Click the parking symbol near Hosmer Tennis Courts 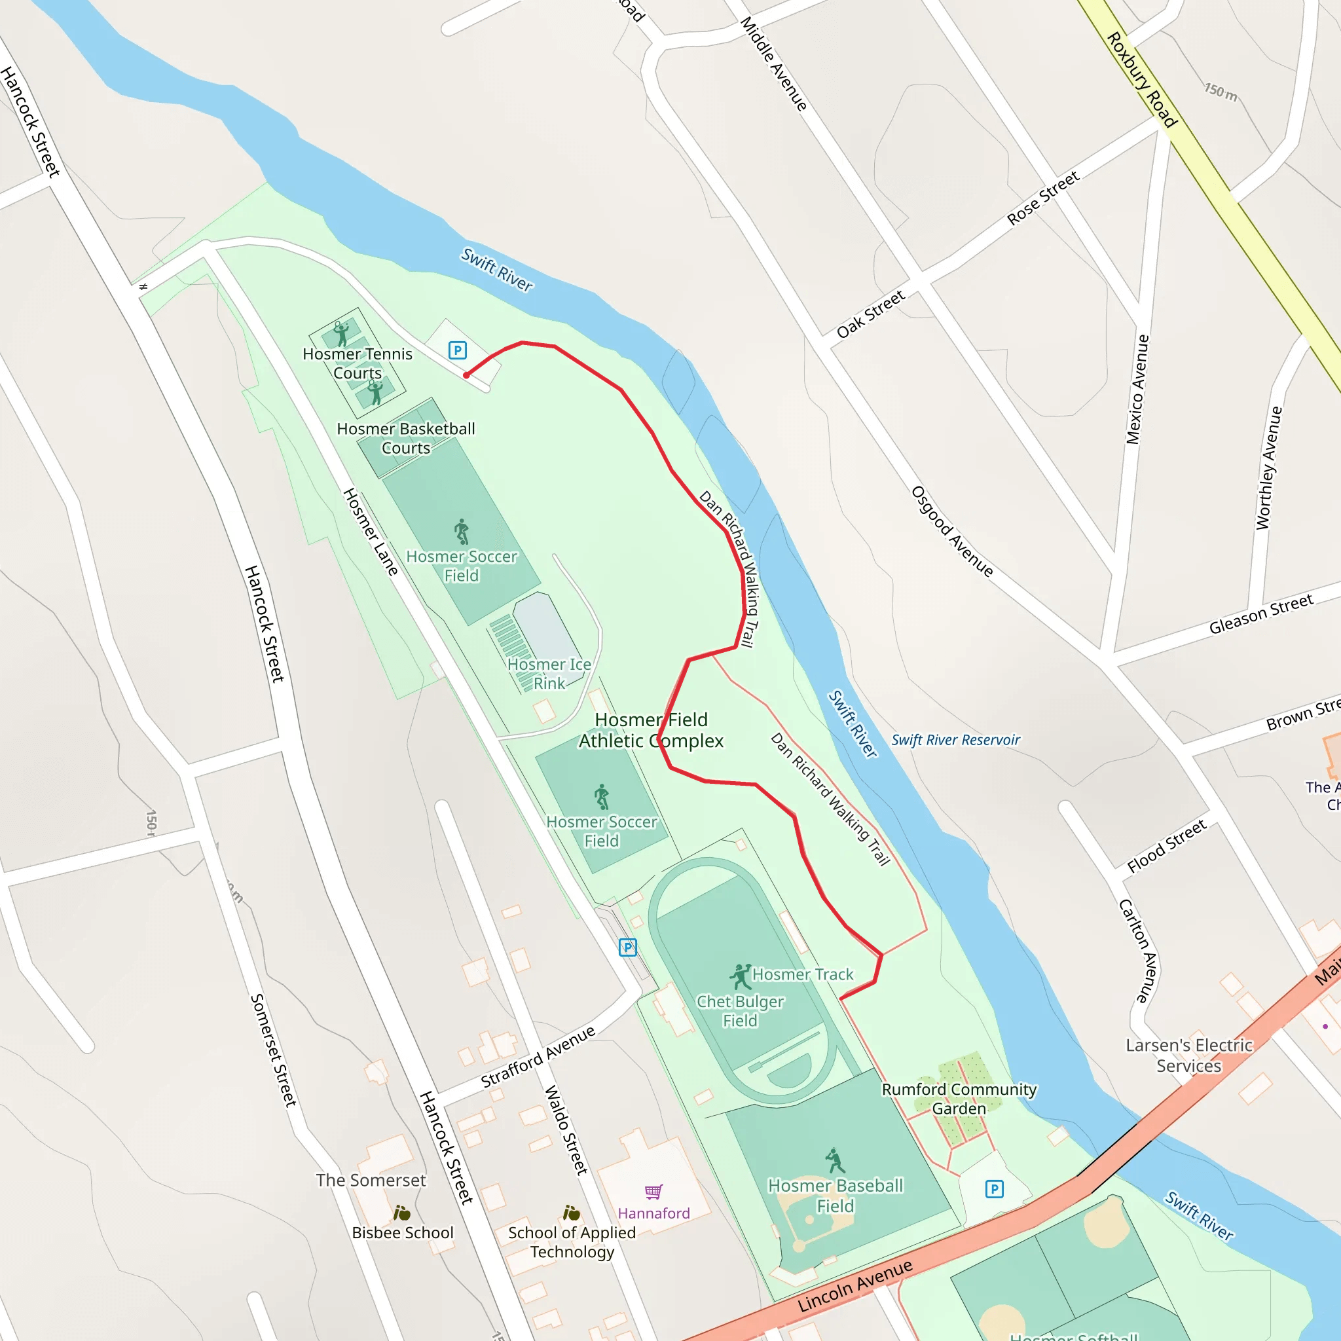click(457, 350)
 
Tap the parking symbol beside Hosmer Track click(627, 947)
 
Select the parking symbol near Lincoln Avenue click(994, 1189)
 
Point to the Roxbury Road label click(1141, 80)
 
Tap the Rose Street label click(1042, 198)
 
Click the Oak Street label click(870, 314)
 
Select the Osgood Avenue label click(951, 531)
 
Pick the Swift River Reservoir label click(955, 740)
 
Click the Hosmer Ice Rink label click(549, 673)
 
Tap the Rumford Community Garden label click(959, 1099)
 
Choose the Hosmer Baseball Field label click(835, 1195)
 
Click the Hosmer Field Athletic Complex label click(651, 730)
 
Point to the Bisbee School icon click(401, 1213)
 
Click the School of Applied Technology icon click(571, 1213)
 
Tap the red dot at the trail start click(466, 375)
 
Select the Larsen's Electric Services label click(1188, 1055)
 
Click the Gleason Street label click(1260, 614)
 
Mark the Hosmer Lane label click(371, 532)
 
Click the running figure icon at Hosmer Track click(741, 976)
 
